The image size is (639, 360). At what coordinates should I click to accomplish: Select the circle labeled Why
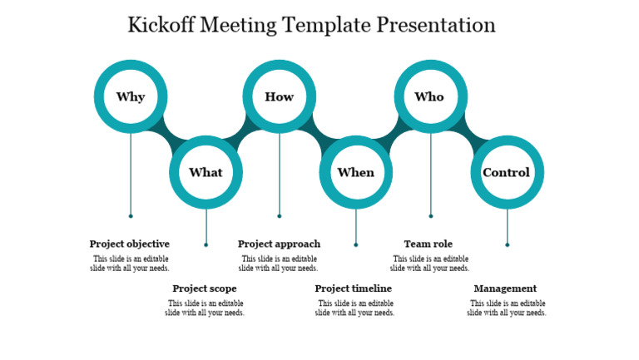(x=131, y=96)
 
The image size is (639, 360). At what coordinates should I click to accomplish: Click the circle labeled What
(x=206, y=172)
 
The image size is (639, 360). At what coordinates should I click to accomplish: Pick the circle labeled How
(x=280, y=96)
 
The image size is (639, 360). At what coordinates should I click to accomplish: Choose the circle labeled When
(x=356, y=172)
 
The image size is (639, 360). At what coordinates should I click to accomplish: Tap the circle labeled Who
(x=430, y=96)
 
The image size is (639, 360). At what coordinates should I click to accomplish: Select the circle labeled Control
(x=507, y=172)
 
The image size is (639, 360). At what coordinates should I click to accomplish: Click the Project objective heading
(x=130, y=244)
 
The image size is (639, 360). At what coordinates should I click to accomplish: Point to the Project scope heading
(x=205, y=288)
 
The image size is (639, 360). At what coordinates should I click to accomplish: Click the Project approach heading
(x=279, y=244)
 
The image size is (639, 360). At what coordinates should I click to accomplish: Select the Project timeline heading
(x=354, y=288)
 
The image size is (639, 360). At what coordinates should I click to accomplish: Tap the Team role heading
(x=428, y=244)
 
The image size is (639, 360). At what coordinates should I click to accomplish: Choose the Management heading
(x=505, y=288)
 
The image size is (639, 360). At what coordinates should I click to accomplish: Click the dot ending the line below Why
(x=131, y=216)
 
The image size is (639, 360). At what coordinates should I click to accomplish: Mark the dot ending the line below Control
(x=508, y=244)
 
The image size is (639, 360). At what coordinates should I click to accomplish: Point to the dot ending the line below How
(x=280, y=216)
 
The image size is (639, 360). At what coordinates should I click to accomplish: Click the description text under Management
(x=506, y=308)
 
